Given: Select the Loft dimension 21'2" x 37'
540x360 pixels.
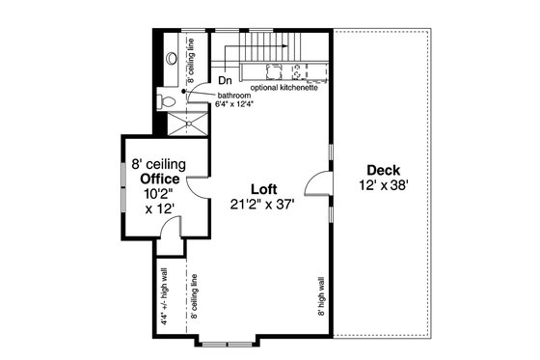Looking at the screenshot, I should (x=262, y=204).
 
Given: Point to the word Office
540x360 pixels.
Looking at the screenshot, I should (x=160, y=179).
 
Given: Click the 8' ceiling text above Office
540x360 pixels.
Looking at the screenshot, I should (x=159, y=165).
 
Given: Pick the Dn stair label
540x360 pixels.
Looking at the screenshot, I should (x=224, y=81).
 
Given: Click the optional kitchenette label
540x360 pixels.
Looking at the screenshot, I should (x=283, y=87).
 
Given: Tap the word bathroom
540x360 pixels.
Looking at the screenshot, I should (x=233, y=97).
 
